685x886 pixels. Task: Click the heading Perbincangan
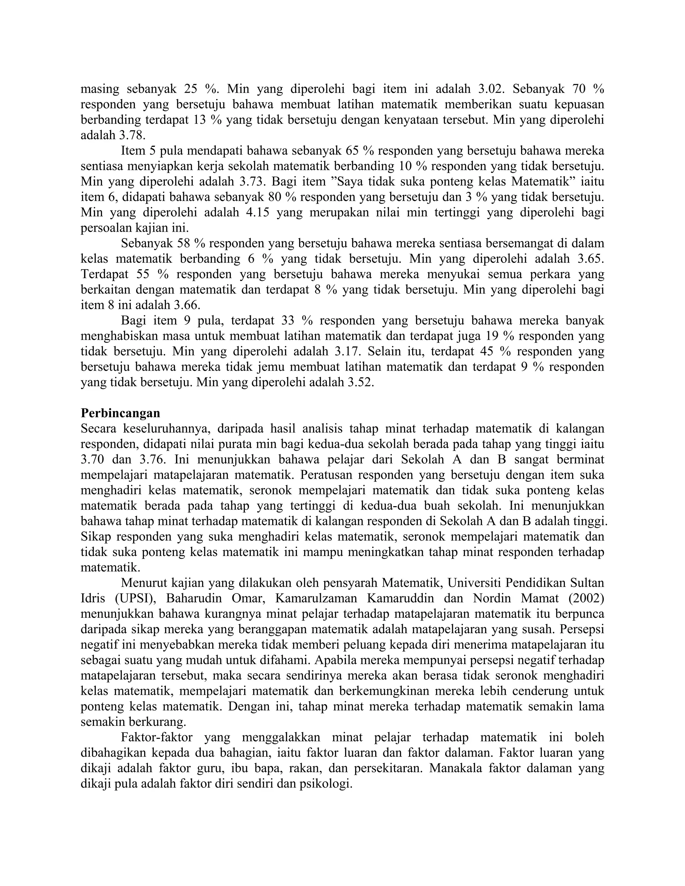tap(120, 413)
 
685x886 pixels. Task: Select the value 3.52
tap(360, 382)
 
